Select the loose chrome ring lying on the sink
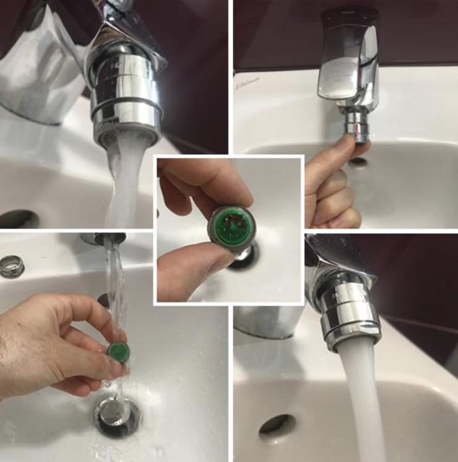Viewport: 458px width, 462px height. point(12,266)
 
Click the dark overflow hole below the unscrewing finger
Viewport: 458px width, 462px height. point(358,162)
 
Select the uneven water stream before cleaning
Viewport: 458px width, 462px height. point(124,180)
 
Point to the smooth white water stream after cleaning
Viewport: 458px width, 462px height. point(365,403)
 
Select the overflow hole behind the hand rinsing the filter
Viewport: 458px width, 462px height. point(103,300)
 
